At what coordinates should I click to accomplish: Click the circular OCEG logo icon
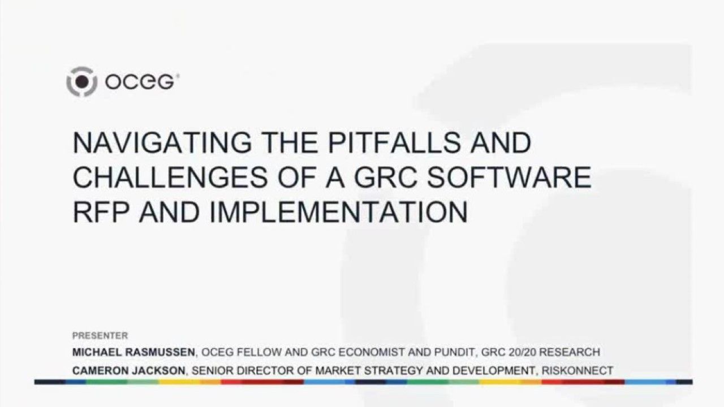click(x=82, y=82)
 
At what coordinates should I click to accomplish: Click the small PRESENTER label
click(x=100, y=336)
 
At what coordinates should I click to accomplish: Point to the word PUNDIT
click(x=455, y=352)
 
